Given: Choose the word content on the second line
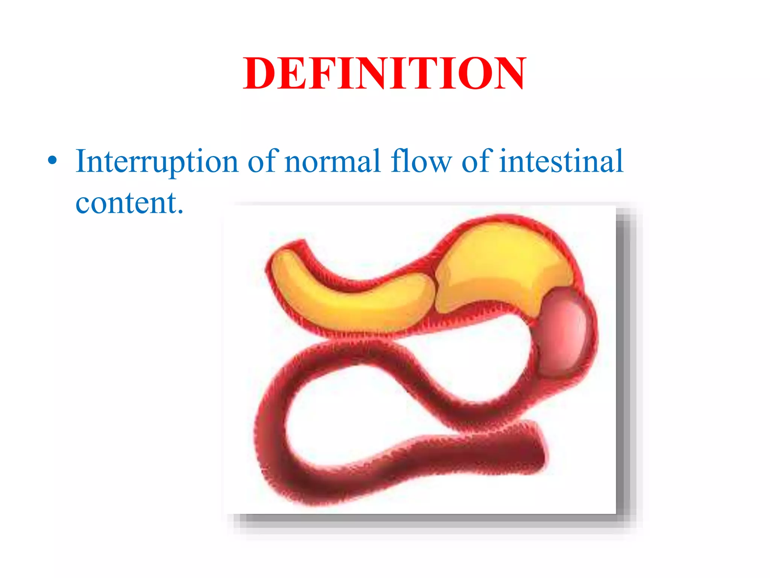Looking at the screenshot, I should point(124,203).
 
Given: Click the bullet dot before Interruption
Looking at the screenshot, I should point(53,161).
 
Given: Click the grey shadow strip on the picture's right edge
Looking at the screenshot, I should point(625,361).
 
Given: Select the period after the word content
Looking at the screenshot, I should point(180,211).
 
